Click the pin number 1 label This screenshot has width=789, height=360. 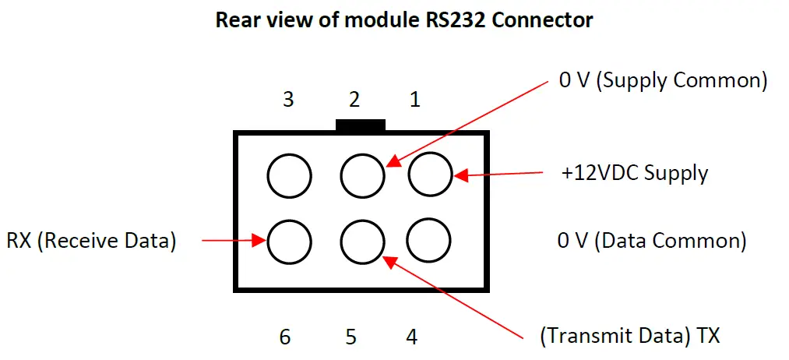tap(414, 100)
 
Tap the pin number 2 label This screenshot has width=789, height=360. tap(354, 100)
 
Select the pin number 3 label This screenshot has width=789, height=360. tap(288, 100)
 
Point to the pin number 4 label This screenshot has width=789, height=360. tap(411, 337)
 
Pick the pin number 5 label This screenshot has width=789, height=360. tap(351, 337)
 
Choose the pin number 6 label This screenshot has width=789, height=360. tap(286, 337)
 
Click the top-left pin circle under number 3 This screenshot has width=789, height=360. tap(290, 175)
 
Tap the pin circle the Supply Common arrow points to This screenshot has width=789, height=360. tap(362, 175)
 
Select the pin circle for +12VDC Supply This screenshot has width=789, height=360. tap(430, 175)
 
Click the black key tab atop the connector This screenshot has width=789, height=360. tap(360, 125)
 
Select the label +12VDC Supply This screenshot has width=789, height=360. tap(635, 172)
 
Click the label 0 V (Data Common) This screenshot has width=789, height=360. tap(651, 241)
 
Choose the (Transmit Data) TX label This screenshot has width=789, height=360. tap(629, 337)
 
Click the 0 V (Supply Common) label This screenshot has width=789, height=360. tap(663, 80)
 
